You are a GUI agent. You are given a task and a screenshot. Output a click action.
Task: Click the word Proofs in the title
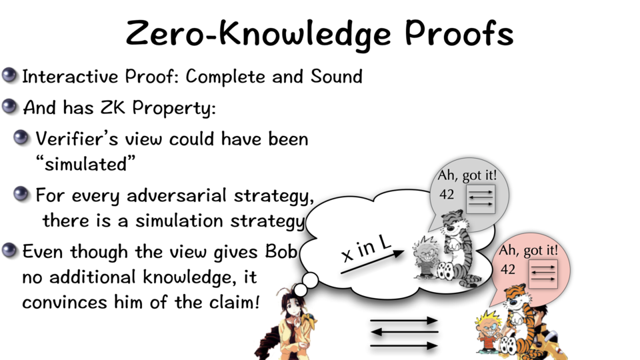(459, 33)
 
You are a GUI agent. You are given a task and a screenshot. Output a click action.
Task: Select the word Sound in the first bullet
(336, 76)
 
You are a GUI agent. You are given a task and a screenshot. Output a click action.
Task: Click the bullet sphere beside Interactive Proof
(9, 75)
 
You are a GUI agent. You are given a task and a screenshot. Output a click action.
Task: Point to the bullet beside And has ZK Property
(9, 107)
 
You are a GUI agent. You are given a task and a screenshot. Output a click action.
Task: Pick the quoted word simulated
(85, 164)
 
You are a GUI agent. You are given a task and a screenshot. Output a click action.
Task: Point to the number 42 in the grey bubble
(447, 194)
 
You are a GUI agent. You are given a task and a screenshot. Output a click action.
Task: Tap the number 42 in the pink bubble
(508, 269)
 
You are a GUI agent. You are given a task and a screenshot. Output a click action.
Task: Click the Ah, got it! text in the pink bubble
(528, 250)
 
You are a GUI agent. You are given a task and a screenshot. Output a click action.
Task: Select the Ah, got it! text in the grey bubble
(467, 175)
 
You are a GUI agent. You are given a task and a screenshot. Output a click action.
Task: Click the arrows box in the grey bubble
(481, 199)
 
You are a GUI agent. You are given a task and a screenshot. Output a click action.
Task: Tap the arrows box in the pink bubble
(543, 274)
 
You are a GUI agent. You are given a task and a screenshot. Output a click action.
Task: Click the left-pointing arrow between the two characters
(404, 332)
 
